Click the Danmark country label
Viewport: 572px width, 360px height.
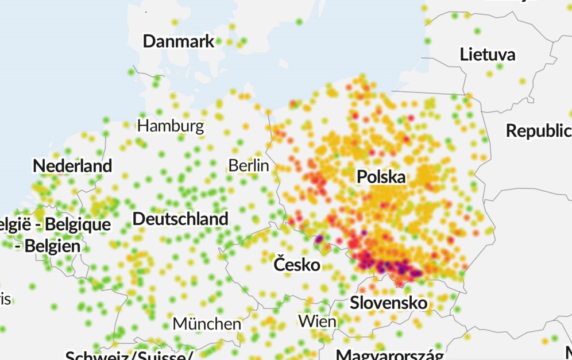[179, 41]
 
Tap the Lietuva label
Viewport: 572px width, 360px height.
[488, 55]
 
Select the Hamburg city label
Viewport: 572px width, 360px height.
[171, 126]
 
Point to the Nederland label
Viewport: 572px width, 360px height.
[72, 166]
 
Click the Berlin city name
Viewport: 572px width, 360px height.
[249, 165]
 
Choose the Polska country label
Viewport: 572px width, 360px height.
[381, 177]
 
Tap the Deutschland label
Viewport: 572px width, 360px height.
[180, 219]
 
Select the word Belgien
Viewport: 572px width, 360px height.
[52, 246]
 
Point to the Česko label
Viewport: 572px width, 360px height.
[297, 265]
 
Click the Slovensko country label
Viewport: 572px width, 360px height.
[389, 303]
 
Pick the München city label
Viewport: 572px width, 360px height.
[207, 324]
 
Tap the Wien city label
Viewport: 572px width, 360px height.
[317, 321]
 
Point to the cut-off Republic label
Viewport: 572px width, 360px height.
[538, 131]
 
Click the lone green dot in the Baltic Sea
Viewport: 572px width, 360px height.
[299, 22]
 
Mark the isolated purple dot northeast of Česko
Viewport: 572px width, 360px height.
[318, 239]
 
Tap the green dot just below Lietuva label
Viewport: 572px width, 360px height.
[500, 67]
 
